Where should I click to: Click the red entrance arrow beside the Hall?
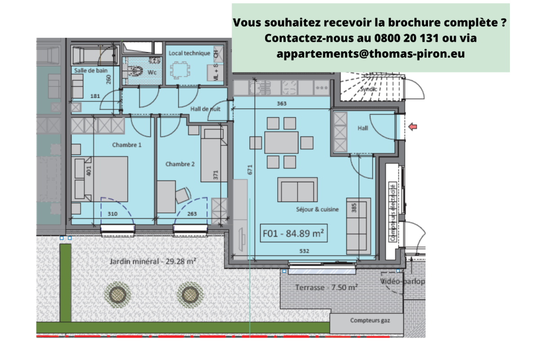413,128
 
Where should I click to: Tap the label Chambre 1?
126,145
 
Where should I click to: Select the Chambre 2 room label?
180,164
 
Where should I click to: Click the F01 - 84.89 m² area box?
294,234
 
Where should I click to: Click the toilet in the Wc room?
135,71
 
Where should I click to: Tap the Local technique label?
189,53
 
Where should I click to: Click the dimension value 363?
282,103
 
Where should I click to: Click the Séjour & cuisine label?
318,209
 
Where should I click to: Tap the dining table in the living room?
281,143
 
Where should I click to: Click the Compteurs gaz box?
370,321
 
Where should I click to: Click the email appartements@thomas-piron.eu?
371,54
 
